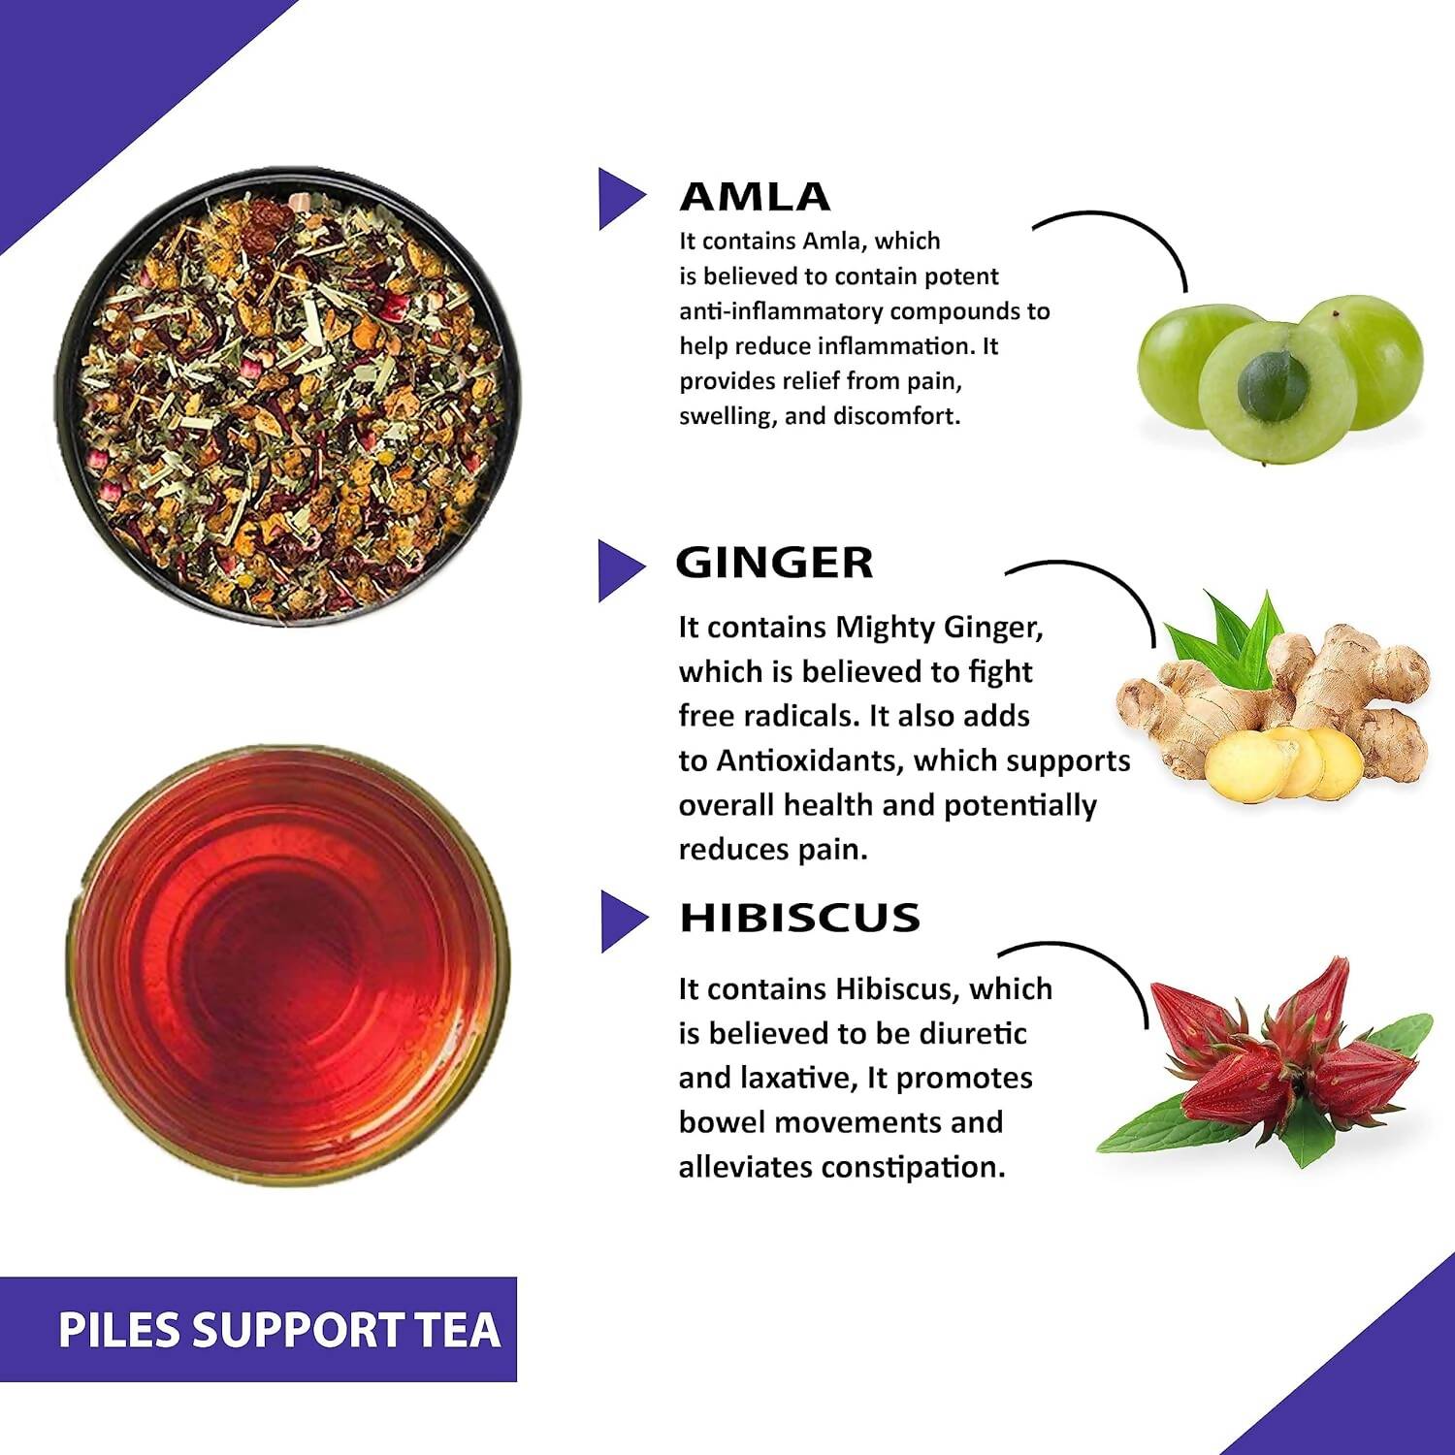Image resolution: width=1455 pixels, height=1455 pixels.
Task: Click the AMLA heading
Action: coord(755,197)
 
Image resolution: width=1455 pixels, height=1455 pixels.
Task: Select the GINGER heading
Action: coord(774,563)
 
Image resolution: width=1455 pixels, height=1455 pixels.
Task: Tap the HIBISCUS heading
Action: coord(799,918)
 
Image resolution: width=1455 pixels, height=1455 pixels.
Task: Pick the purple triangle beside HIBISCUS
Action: coord(619,921)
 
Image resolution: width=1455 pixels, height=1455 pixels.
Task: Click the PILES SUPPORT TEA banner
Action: coord(278,1330)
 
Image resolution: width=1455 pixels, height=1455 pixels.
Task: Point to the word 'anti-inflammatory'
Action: coord(781,311)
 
